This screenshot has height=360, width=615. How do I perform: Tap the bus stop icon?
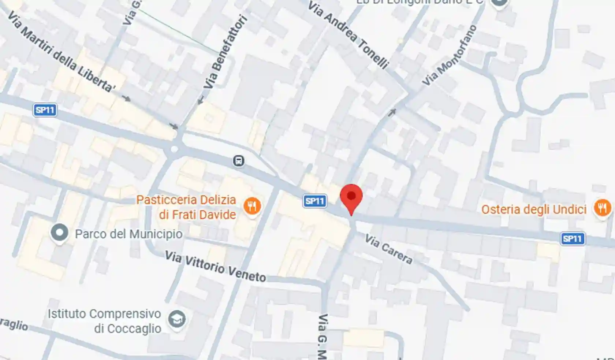pos(239,160)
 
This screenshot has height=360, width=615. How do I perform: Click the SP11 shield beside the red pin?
pos(315,201)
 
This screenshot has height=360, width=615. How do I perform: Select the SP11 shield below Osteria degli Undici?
pos(572,239)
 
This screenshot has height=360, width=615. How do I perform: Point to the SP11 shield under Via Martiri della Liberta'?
pos(45,110)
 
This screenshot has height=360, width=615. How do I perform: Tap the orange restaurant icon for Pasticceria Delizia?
pos(252,207)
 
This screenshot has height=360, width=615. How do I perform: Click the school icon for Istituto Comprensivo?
pos(177,320)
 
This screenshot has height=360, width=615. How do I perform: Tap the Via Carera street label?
pos(389,249)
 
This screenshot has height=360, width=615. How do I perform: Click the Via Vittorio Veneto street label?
pos(215,267)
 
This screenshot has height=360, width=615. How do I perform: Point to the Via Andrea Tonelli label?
pos(348,36)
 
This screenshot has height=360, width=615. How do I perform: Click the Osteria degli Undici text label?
pos(534,209)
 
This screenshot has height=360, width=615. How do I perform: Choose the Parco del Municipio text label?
pos(128,234)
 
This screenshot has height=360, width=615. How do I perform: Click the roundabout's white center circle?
pos(174,149)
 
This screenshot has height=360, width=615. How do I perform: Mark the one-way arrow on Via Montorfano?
pos(392,112)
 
